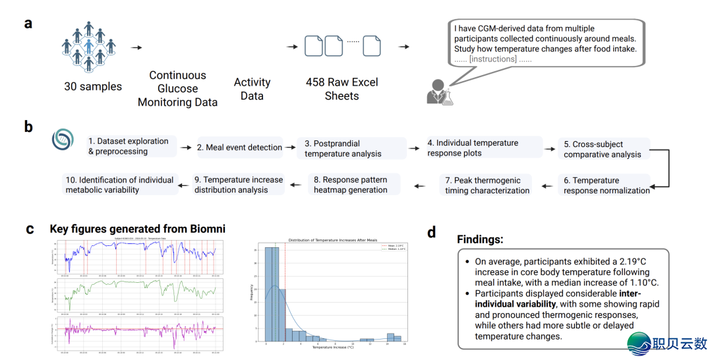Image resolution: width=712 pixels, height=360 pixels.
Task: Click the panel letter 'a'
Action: coord(28,24)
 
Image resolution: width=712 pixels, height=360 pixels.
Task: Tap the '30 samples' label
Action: coord(93,86)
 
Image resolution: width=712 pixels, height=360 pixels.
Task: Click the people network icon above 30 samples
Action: coord(88,47)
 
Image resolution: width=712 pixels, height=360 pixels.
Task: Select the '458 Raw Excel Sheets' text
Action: coord(341,89)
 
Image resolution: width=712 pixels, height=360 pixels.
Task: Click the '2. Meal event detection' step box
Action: coord(239,148)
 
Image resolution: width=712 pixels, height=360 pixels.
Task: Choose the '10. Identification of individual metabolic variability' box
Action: coord(119,185)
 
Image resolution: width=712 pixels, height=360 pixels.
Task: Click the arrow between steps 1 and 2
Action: coord(186,148)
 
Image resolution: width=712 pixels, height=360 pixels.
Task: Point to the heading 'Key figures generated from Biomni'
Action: coord(137,229)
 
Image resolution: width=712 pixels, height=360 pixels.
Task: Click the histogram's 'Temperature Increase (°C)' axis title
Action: coord(331,347)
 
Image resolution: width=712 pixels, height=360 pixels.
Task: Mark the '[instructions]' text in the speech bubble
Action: coord(493,59)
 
